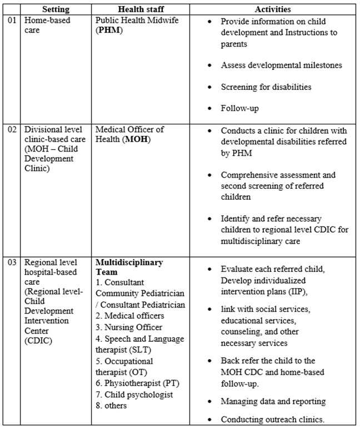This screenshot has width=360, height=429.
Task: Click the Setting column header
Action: point(57,9)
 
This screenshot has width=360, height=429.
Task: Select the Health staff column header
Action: point(142,9)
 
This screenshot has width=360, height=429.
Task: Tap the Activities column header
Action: point(273,9)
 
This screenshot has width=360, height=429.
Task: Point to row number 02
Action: point(12,130)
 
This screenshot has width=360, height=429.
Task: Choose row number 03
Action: point(12,262)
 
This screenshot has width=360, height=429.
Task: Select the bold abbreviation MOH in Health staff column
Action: point(133,139)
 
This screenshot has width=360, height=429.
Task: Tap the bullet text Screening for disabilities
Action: point(266,87)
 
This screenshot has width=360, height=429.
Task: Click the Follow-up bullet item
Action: point(239,109)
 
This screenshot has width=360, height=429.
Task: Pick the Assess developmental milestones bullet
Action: point(281,65)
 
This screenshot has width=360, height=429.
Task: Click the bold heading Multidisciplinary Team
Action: point(130,267)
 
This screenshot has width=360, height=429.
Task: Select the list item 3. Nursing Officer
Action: point(128,328)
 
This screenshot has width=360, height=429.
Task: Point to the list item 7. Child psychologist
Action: point(134,395)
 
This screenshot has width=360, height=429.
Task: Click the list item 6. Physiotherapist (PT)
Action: point(138,383)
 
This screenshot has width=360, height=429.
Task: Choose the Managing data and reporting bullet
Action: point(273,401)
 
